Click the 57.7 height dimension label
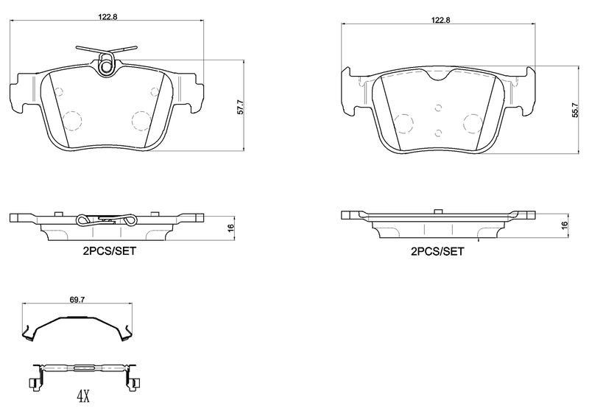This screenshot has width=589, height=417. [x=241, y=106]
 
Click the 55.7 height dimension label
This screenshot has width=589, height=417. [x=575, y=111]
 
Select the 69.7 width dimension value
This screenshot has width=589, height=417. [x=77, y=299]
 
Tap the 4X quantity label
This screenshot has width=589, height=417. [x=83, y=396]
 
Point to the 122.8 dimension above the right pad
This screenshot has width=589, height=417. [x=440, y=21]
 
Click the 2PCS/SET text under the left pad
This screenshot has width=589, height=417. [x=109, y=250]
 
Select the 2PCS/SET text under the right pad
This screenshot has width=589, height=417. [x=437, y=251]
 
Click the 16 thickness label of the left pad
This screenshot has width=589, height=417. [x=230, y=227]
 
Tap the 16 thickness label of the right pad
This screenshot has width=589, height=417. [x=564, y=225]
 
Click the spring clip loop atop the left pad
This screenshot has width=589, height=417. [x=106, y=63]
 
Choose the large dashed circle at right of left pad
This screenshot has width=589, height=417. [x=141, y=121]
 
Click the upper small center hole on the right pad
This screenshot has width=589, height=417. [x=438, y=108]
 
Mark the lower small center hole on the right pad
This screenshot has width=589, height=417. [x=438, y=133]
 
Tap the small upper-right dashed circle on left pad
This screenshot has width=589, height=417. [x=155, y=92]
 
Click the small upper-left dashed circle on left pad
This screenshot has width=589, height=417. [x=59, y=91]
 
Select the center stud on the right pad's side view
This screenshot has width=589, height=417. [x=438, y=211]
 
